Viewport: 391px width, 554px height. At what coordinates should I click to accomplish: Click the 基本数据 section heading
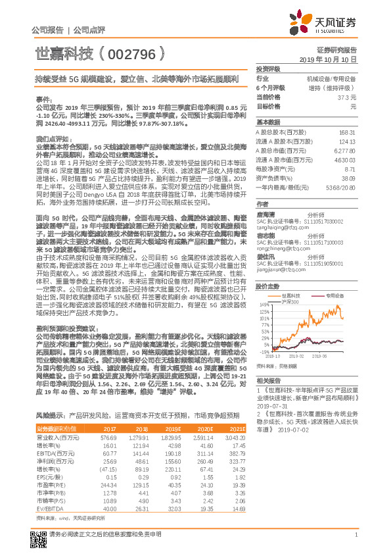[267, 122]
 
